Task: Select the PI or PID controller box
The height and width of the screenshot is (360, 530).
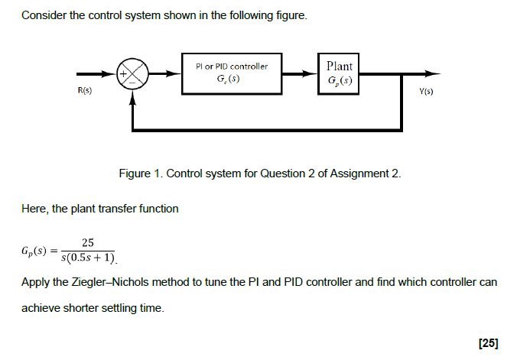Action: [x=232, y=74]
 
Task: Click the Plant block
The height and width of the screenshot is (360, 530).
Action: [x=339, y=74]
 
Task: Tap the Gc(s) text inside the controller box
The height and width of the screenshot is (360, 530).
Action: [x=231, y=80]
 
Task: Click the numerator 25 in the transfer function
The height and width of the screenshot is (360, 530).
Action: [x=87, y=242]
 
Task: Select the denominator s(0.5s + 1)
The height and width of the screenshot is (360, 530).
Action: [x=87, y=258]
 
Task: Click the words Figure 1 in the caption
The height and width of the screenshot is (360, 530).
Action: [x=140, y=174]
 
